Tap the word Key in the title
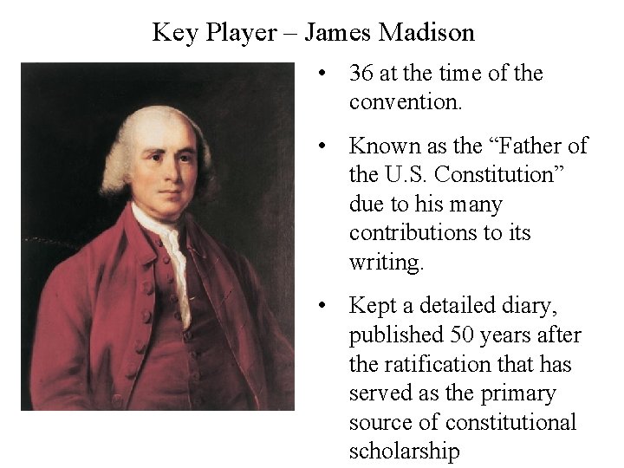coord(172,33)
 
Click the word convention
coord(406,102)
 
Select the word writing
coord(387,263)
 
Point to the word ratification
coord(438,364)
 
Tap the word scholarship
coord(404,452)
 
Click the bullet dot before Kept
coord(322,306)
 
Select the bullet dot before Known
coord(322,146)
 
